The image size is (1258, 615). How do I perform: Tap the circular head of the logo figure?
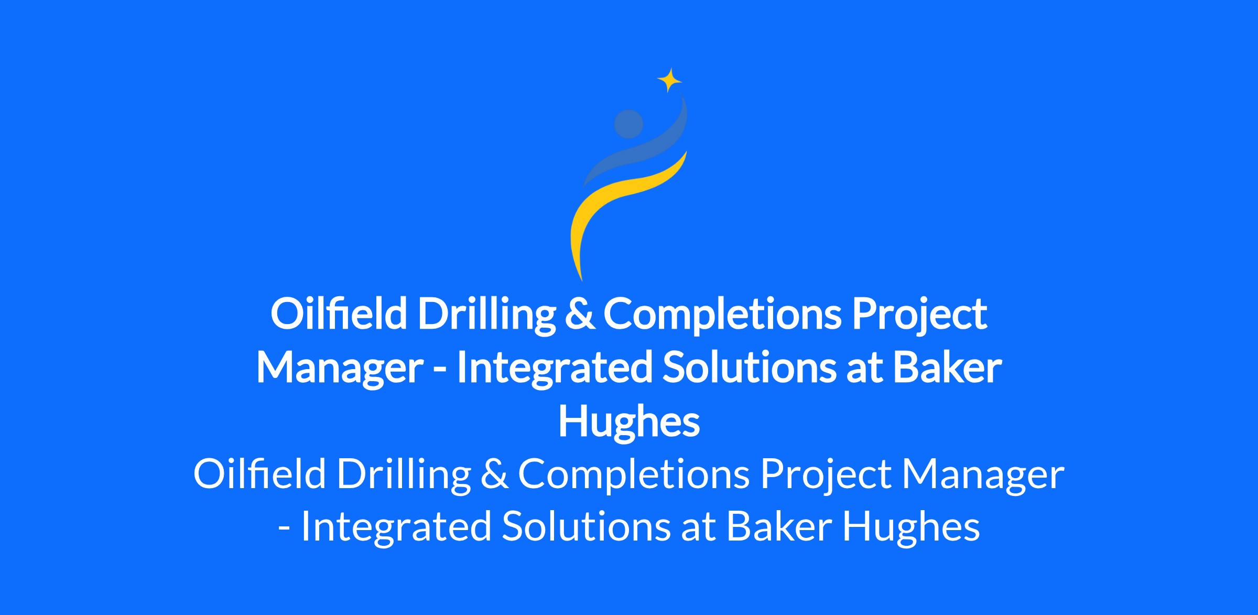(x=628, y=124)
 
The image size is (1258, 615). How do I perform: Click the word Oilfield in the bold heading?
(x=339, y=313)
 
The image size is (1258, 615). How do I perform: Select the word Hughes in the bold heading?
(x=629, y=423)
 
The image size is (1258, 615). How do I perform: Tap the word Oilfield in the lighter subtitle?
(x=259, y=473)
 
